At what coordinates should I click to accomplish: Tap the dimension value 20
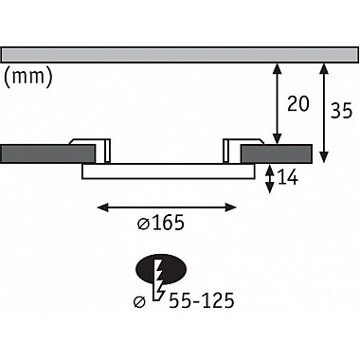[x=297, y=103]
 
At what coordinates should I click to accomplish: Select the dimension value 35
[x=341, y=111]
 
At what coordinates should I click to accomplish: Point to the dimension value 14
[x=287, y=178]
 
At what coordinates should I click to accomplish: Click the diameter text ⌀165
[x=161, y=223]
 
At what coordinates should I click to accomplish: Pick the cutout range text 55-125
[x=202, y=300]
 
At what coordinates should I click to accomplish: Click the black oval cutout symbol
[x=161, y=269]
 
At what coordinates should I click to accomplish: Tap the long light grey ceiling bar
[x=180, y=55]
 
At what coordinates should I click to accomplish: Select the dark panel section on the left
[x=48, y=154]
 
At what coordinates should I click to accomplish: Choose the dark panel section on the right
[x=277, y=154]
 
